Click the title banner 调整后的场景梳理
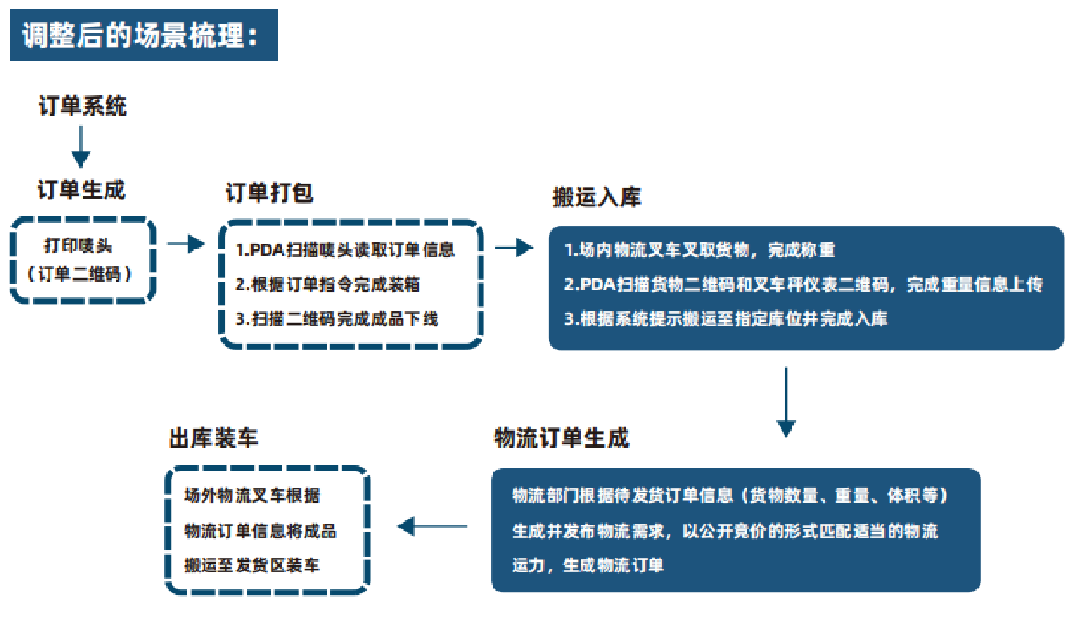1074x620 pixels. click(x=143, y=38)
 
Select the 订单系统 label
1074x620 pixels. click(x=83, y=106)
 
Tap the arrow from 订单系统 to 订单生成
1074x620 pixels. click(x=81, y=147)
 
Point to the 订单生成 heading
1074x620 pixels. click(x=81, y=190)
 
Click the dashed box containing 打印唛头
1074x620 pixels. click(x=82, y=260)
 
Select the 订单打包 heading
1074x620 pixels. click(x=269, y=194)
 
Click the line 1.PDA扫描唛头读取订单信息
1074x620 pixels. click(x=346, y=249)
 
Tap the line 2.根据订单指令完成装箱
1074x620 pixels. click(x=327, y=284)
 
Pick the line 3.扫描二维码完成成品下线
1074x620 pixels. click(x=337, y=319)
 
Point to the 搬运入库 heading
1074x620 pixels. click(x=596, y=198)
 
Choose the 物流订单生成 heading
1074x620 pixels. click(x=561, y=438)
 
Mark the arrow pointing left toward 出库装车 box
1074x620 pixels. click(x=433, y=526)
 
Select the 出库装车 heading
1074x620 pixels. click(x=213, y=439)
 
